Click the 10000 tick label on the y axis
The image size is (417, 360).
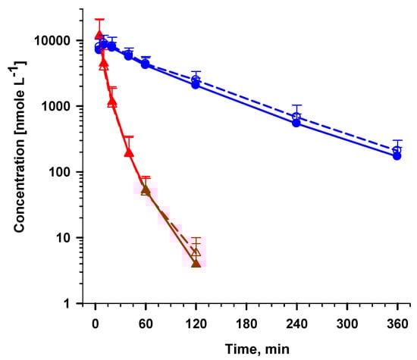tap(55, 40)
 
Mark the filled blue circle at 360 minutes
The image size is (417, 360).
tap(397, 156)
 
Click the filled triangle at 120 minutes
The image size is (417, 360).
tap(196, 263)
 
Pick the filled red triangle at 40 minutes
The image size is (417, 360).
tap(128, 152)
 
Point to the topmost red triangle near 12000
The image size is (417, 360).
tap(99, 35)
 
